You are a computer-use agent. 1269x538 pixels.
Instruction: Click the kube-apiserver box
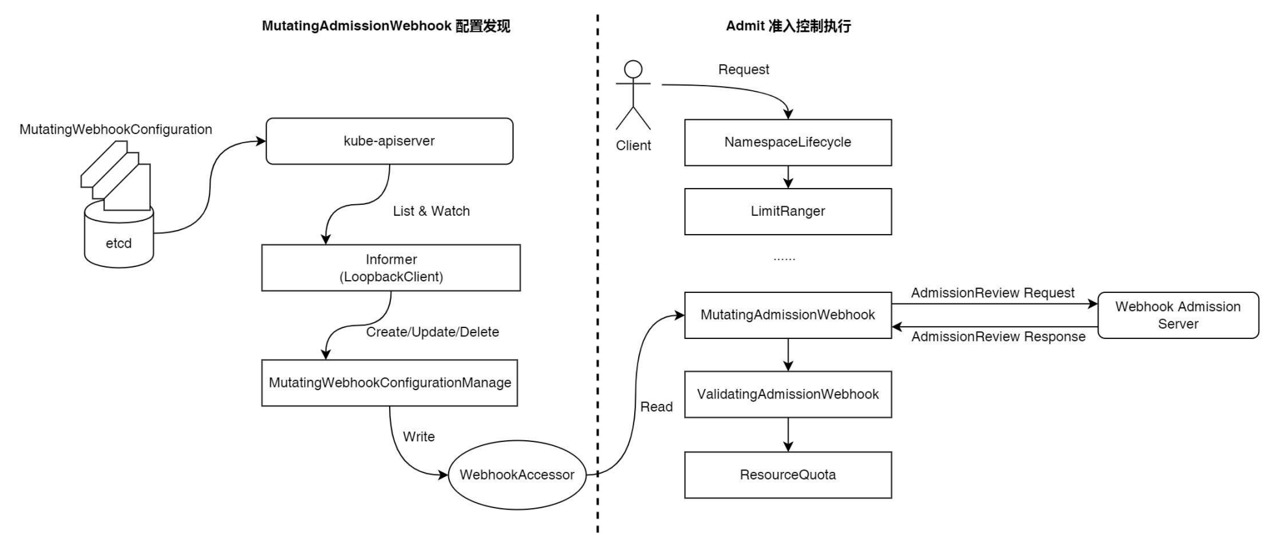coord(389,141)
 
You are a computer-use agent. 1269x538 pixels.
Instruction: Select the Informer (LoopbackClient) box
coord(391,268)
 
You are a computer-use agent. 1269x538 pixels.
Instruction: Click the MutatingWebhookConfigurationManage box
coord(390,383)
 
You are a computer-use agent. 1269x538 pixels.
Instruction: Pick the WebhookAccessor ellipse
coord(517,475)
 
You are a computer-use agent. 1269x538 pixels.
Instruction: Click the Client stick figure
coord(633,96)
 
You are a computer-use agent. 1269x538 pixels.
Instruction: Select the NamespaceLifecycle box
coord(788,143)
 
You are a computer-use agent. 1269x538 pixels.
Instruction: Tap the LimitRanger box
coord(788,211)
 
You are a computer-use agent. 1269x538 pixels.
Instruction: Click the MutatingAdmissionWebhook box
coord(788,315)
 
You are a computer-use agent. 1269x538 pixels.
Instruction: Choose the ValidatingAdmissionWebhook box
coord(788,394)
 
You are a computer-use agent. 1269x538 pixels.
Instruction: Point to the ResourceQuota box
coord(788,475)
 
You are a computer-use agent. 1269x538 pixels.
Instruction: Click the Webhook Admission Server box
coord(1178,316)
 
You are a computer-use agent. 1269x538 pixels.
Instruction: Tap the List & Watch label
coord(431,211)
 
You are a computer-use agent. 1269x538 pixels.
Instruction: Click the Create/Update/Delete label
coord(433,332)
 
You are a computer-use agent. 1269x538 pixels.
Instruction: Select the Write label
coord(419,437)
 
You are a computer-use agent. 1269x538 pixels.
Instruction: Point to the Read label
coord(656,407)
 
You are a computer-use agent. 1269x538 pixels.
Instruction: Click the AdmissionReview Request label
coord(993,293)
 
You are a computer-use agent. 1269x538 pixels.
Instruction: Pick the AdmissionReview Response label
coord(999,336)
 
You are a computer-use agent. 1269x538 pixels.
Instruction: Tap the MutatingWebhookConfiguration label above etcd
coord(115,130)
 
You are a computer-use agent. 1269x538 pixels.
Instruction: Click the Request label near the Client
coord(744,70)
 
